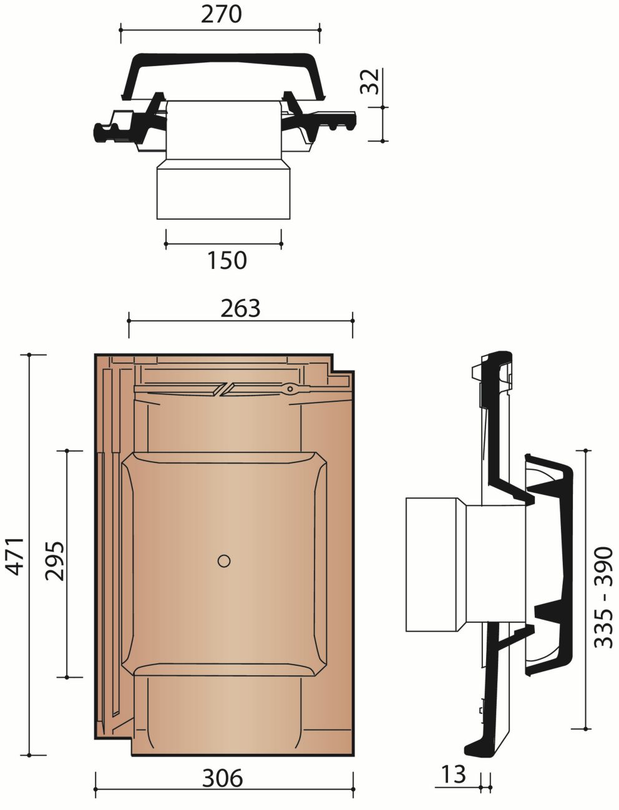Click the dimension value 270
(x=222, y=14)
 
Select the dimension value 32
(x=369, y=81)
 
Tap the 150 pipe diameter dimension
(x=227, y=260)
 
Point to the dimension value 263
(x=240, y=308)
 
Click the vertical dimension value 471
(x=16, y=557)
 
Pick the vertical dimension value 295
(x=54, y=561)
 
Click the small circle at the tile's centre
(x=224, y=561)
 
